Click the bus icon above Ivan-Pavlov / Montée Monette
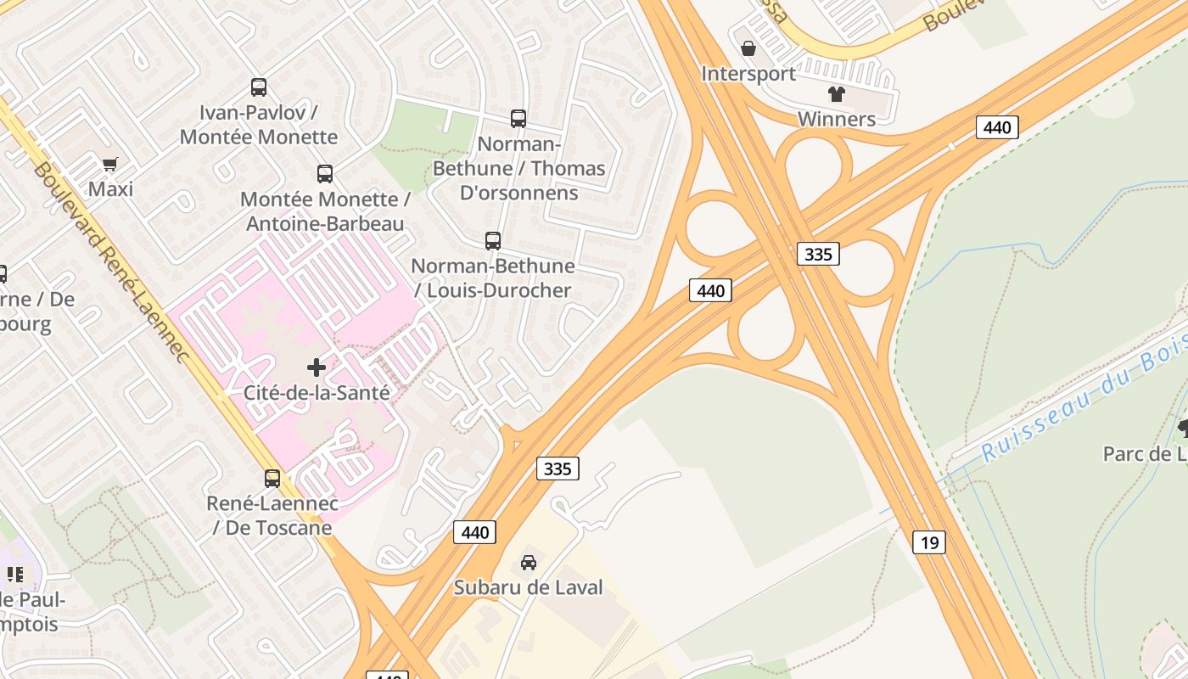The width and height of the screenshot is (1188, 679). click(259, 87)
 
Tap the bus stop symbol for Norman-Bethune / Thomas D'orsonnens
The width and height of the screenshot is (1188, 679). click(518, 119)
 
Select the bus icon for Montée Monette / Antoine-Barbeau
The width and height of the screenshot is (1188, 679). click(325, 174)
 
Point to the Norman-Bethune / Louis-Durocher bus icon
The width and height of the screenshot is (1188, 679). click(493, 241)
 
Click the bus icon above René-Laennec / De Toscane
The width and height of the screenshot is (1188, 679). click(272, 479)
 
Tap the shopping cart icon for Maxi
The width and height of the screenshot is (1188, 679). click(110, 164)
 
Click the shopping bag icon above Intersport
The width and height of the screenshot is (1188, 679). click(748, 49)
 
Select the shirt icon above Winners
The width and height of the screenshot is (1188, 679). click(837, 94)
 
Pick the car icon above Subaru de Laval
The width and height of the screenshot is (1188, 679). click(529, 562)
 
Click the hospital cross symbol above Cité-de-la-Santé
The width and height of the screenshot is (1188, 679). click(317, 368)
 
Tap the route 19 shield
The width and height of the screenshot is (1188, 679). click(929, 542)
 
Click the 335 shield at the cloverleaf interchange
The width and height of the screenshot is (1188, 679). click(818, 253)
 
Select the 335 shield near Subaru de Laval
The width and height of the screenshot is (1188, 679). click(558, 468)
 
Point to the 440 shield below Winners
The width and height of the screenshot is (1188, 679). click(997, 127)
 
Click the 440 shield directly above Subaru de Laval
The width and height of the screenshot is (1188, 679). click(475, 532)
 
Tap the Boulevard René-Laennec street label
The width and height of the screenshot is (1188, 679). click(110, 263)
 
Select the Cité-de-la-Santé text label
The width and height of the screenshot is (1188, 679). click(317, 393)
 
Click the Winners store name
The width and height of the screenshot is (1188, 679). click(837, 119)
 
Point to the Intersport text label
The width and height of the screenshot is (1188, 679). click(748, 74)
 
